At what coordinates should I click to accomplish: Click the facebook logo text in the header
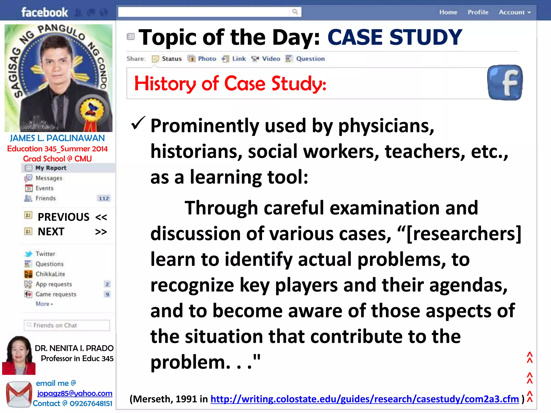click(45, 12)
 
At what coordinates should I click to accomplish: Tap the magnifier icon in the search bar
click(295, 12)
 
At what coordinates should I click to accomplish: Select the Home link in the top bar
click(448, 12)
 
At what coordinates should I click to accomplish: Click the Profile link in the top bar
click(478, 12)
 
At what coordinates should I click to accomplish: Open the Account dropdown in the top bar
click(514, 12)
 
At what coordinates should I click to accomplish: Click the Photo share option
click(207, 59)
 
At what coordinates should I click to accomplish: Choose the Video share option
click(271, 59)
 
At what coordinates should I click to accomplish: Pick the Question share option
click(310, 59)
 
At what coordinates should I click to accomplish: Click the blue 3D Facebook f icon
click(505, 83)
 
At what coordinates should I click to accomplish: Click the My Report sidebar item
click(51, 168)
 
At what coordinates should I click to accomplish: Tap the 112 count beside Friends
click(104, 199)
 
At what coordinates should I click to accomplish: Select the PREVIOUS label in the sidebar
click(63, 217)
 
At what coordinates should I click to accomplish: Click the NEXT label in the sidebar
click(51, 232)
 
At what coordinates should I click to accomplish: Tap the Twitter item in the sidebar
click(45, 254)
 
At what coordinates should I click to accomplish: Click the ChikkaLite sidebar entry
click(50, 274)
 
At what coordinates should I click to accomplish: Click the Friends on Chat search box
click(67, 325)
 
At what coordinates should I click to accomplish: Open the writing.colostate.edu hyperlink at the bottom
click(365, 399)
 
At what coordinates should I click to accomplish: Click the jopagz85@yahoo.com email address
click(75, 393)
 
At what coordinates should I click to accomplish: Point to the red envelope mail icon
click(19, 394)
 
